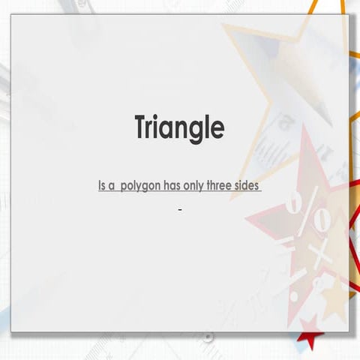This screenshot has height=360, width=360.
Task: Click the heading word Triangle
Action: point(179,127)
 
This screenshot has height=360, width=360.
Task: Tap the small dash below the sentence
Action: point(180,209)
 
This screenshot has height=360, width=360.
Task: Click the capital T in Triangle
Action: point(142,127)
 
